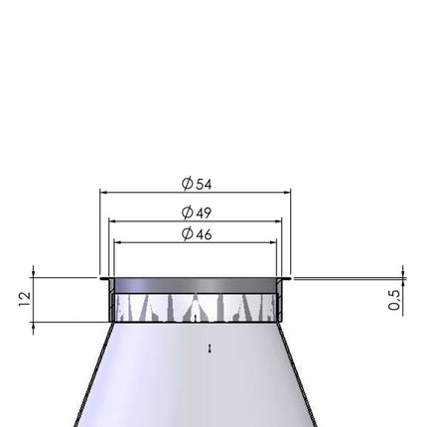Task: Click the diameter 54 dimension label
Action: click(x=197, y=184)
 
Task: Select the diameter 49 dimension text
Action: click(x=197, y=213)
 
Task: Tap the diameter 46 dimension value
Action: click(x=197, y=234)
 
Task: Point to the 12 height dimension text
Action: click(x=25, y=299)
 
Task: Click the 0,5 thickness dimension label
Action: click(x=393, y=300)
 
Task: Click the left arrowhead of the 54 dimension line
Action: click(x=103, y=192)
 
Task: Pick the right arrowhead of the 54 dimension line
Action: click(x=287, y=192)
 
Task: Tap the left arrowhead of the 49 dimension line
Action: click(x=112, y=221)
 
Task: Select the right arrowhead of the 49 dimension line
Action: click(x=278, y=221)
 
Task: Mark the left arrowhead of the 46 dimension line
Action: click(x=117, y=242)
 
